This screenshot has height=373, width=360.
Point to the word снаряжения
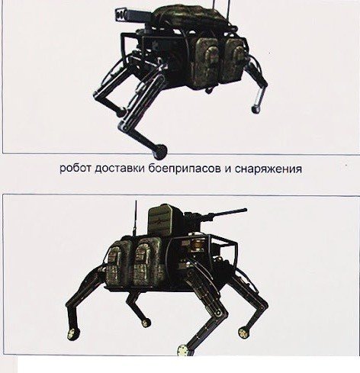coord(268,169)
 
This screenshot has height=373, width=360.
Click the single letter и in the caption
coord(228,169)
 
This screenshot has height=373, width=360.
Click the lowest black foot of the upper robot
coord(160,150)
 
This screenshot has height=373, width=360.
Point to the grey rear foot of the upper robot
coord(256,109)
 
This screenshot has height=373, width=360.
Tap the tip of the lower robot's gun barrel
coord(245,210)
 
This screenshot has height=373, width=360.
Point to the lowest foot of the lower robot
coord(184,350)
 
